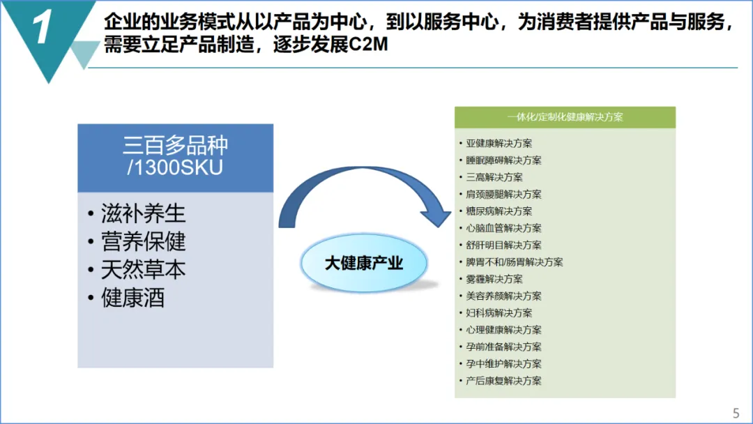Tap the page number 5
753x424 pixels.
coord(736,412)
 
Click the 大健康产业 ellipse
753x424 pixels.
coord(364,264)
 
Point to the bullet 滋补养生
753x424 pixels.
coord(144,213)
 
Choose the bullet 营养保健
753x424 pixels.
coord(144,241)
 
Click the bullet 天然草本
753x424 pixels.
coord(144,269)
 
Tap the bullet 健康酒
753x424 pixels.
coord(133,298)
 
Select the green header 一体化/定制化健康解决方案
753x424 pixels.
coord(565,117)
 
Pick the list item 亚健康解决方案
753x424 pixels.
coord(499,144)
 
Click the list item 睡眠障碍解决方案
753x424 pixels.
coord(503,160)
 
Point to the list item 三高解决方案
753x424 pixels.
coord(494,177)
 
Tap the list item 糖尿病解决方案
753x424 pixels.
coord(499,211)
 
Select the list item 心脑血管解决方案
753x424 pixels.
coord(503,228)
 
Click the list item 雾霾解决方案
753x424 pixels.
coord(494,279)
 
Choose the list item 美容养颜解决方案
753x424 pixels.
coord(503,296)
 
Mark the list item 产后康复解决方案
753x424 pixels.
coord(503,381)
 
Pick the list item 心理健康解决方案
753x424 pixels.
coord(503,330)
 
